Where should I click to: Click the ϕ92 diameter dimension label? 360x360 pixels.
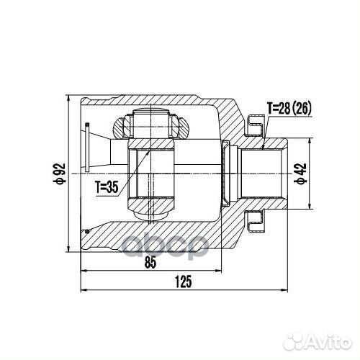59,174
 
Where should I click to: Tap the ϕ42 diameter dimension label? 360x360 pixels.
300,174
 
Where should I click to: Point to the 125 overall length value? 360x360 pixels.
184,282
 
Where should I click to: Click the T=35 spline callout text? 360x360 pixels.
107,187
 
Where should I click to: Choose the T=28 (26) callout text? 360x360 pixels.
289,108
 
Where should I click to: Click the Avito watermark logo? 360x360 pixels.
318,341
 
